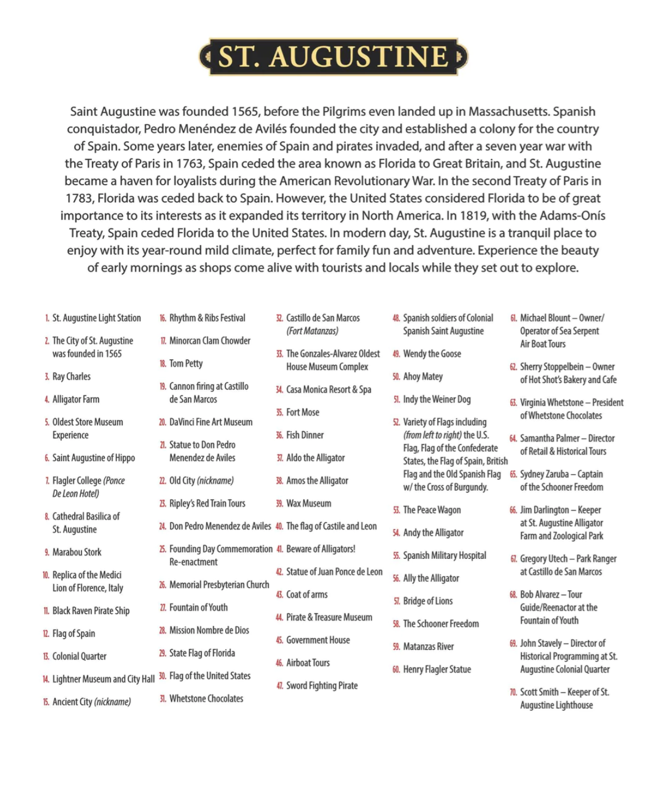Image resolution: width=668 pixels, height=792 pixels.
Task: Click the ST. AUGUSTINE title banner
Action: pyautogui.click(x=333, y=57)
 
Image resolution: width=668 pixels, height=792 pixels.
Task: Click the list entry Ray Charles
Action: pyautogui.click(x=71, y=376)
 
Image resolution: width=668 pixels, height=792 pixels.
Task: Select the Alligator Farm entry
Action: pyautogui.click(x=76, y=399)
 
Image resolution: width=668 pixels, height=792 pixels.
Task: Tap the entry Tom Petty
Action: pyautogui.click(x=186, y=364)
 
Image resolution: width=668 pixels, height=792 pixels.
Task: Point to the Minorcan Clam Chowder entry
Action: pyautogui.click(x=210, y=341)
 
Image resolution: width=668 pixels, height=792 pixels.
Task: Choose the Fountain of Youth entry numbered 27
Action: pyautogui.click(x=198, y=607)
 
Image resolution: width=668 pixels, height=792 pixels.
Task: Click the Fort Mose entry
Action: pyautogui.click(x=302, y=412)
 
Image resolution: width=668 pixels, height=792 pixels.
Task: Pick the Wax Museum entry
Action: pyautogui.click(x=308, y=503)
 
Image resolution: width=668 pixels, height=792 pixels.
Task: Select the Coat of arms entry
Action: pyautogui.click(x=307, y=595)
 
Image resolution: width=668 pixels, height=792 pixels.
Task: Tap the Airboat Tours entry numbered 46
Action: pyautogui.click(x=308, y=663)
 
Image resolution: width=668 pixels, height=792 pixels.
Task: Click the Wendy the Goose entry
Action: pyautogui.click(x=432, y=354)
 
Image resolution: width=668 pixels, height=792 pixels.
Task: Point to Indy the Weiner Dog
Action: pyautogui.click(x=437, y=399)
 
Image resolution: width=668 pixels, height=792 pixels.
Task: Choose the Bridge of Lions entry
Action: pyautogui.click(x=428, y=601)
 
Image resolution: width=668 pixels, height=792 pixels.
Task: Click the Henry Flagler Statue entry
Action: pyautogui.click(x=437, y=669)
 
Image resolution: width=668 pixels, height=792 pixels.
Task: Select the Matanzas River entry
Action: pyautogui.click(x=428, y=646)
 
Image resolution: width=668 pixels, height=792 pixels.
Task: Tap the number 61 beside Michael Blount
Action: pyautogui.click(x=513, y=318)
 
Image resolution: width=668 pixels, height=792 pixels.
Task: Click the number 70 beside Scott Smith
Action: pyautogui.click(x=513, y=692)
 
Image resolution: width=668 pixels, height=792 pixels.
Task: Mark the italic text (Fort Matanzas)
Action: pyautogui.click(x=312, y=331)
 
